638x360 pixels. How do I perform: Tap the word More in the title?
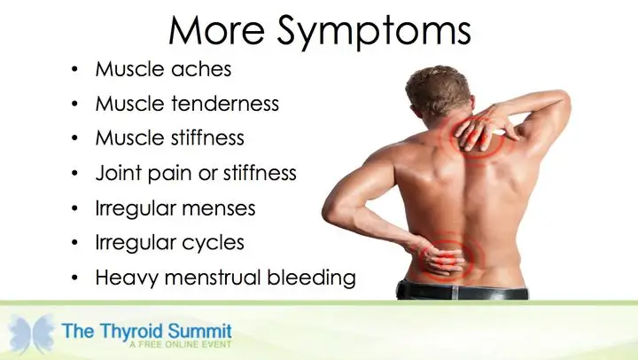(217, 30)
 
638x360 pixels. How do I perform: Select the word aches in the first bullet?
(201, 68)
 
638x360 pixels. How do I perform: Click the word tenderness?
(225, 103)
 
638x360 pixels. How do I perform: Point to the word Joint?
(119, 173)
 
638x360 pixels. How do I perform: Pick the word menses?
(219, 208)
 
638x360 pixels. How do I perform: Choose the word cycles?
(213, 243)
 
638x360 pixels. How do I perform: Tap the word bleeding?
(311, 278)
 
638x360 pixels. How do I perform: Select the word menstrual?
(213, 278)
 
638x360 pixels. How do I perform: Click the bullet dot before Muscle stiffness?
(74, 138)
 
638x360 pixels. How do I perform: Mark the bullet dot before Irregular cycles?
(74, 243)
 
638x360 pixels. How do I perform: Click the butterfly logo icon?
(31, 333)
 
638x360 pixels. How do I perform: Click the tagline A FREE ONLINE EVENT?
(181, 345)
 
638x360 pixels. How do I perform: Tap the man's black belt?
(463, 291)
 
